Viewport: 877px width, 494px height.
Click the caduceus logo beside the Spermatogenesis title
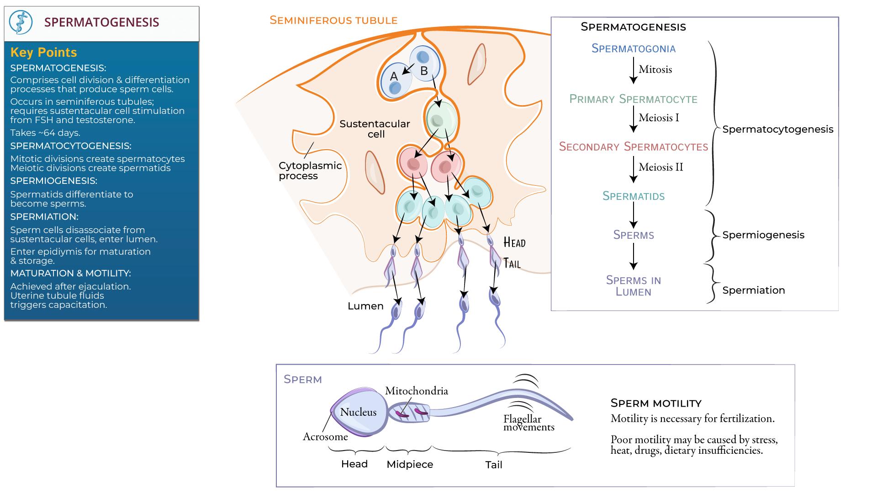21,22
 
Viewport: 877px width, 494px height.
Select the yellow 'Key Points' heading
43,53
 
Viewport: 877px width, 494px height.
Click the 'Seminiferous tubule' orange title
333,21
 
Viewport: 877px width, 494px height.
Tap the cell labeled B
424,64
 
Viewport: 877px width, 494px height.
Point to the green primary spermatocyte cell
440,120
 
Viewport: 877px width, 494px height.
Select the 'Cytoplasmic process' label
310,171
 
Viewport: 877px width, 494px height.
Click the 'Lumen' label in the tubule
365,306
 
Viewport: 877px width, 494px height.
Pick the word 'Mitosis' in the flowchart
655,70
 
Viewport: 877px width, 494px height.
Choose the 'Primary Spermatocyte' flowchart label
633,99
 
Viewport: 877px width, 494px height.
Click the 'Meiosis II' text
660,167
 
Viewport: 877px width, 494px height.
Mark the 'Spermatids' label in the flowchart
633,196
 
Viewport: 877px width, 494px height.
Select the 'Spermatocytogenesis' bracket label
777,129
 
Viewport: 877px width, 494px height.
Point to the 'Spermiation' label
753,290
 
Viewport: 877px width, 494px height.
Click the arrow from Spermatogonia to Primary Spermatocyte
634,70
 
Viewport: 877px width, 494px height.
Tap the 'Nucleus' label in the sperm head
358,412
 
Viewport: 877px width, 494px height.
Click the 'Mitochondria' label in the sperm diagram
416,391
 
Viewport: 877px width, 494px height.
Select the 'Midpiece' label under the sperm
410,465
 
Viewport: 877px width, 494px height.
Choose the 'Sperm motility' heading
655,403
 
